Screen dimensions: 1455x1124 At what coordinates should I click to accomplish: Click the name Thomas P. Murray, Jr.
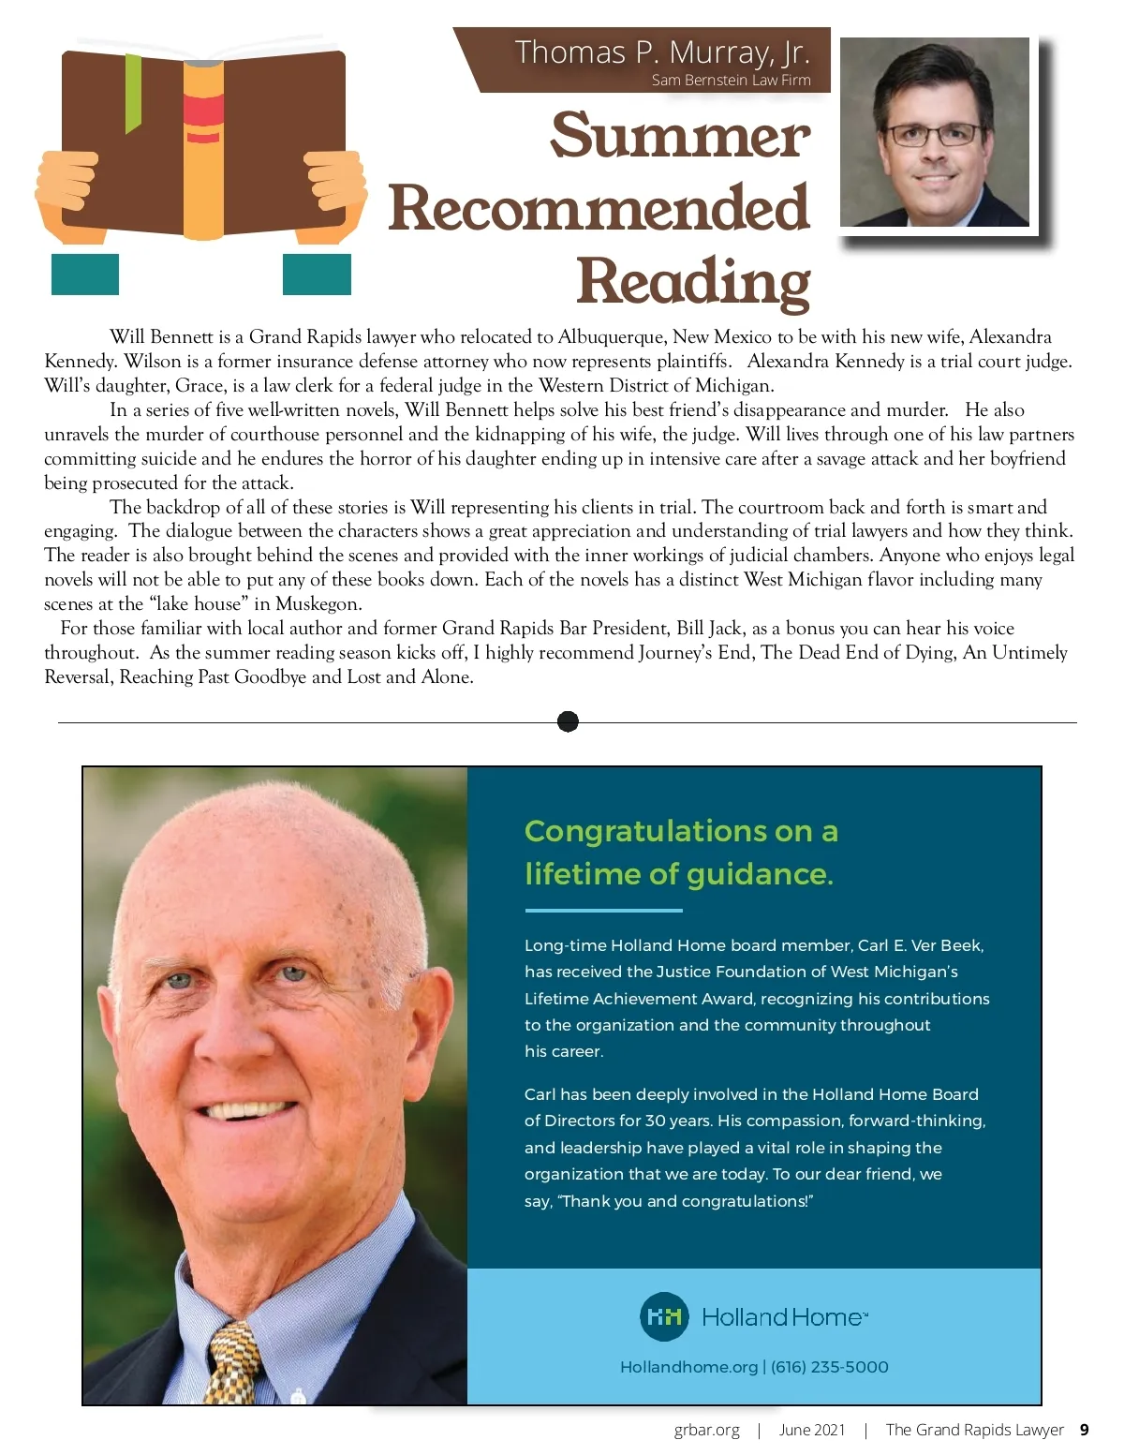[x=661, y=52]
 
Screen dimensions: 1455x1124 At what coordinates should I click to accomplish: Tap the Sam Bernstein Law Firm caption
[x=731, y=81]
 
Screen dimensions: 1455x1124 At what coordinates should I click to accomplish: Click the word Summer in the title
[x=680, y=136]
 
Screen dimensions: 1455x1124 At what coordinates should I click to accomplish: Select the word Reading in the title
[x=693, y=281]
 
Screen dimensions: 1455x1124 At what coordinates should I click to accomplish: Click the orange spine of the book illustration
[x=203, y=150]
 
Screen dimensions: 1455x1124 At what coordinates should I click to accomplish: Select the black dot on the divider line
[x=568, y=721]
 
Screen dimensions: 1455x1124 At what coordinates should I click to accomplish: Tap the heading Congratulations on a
[x=681, y=831]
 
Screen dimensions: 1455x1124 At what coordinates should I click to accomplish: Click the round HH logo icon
[x=664, y=1316]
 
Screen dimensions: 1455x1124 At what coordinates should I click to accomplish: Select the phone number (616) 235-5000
[x=829, y=1367]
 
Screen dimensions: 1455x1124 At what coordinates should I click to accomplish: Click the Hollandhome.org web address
[x=688, y=1367]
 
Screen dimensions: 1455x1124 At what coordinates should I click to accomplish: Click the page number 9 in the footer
[x=1085, y=1430]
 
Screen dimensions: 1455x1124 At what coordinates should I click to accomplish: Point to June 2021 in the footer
[x=812, y=1430]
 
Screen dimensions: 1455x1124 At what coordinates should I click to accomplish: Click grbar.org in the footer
[x=706, y=1430]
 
